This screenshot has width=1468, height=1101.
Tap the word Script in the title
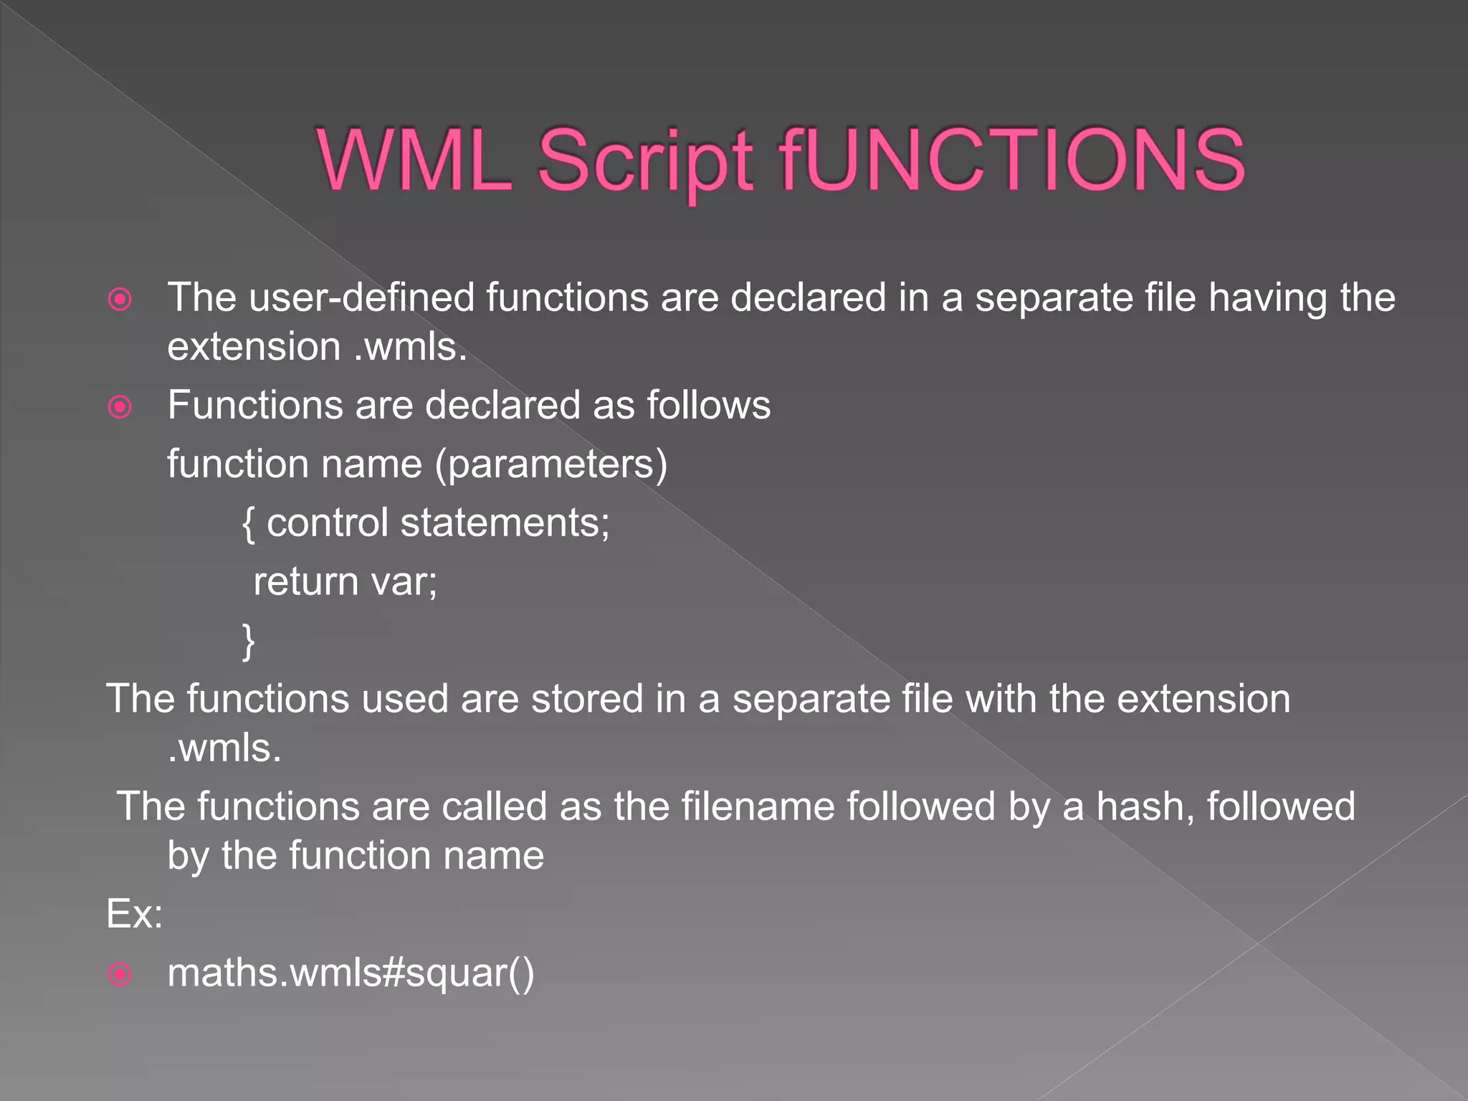[x=645, y=162]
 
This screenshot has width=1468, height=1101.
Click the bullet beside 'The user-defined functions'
[x=120, y=299]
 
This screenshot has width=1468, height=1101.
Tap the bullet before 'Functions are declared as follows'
[x=120, y=407]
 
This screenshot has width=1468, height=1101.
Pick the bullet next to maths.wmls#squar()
[x=120, y=974]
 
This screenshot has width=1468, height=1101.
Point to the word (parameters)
[x=551, y=464]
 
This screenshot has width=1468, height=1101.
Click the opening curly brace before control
[x=248, y=523]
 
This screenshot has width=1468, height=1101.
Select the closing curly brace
[x=248, y=641]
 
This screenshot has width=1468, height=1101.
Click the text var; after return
[x=403, y=581]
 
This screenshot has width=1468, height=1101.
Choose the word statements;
[x=505, y=523]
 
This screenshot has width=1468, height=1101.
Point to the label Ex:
[x=135, y=914]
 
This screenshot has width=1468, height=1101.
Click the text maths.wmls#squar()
[x=351, y=973]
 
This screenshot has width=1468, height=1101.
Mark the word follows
[x=708, y=405]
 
